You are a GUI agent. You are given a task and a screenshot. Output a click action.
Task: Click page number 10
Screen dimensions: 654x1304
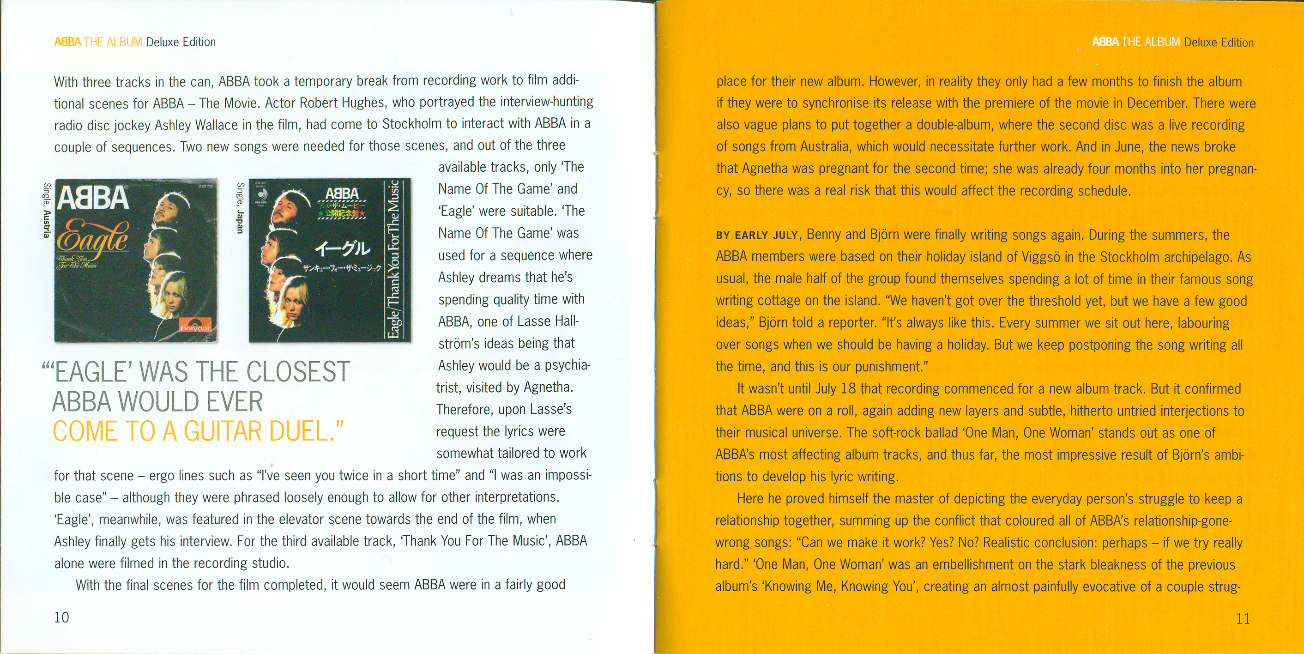pos(61,617)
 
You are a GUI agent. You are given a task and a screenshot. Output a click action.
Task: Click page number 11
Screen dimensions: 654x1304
pos(1243,618)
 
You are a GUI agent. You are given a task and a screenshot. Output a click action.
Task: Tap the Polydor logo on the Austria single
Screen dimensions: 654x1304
pos(195,328)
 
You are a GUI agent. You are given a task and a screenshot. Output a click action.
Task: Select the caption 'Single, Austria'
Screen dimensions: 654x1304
pos(46,210)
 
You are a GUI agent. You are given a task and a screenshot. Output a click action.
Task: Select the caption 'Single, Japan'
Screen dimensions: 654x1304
pos(240,208)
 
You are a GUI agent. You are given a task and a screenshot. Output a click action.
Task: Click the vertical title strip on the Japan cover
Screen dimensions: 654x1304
pos(394,259)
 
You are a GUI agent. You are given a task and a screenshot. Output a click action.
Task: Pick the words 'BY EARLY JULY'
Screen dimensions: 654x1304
pos(756,236)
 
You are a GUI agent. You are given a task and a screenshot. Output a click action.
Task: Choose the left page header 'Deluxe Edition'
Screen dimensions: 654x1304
pos(181,42)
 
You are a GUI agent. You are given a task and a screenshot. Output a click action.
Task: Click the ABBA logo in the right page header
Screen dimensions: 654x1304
pos(1105,42)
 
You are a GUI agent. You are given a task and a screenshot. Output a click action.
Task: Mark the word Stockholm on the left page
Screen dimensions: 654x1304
pos(411,124)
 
